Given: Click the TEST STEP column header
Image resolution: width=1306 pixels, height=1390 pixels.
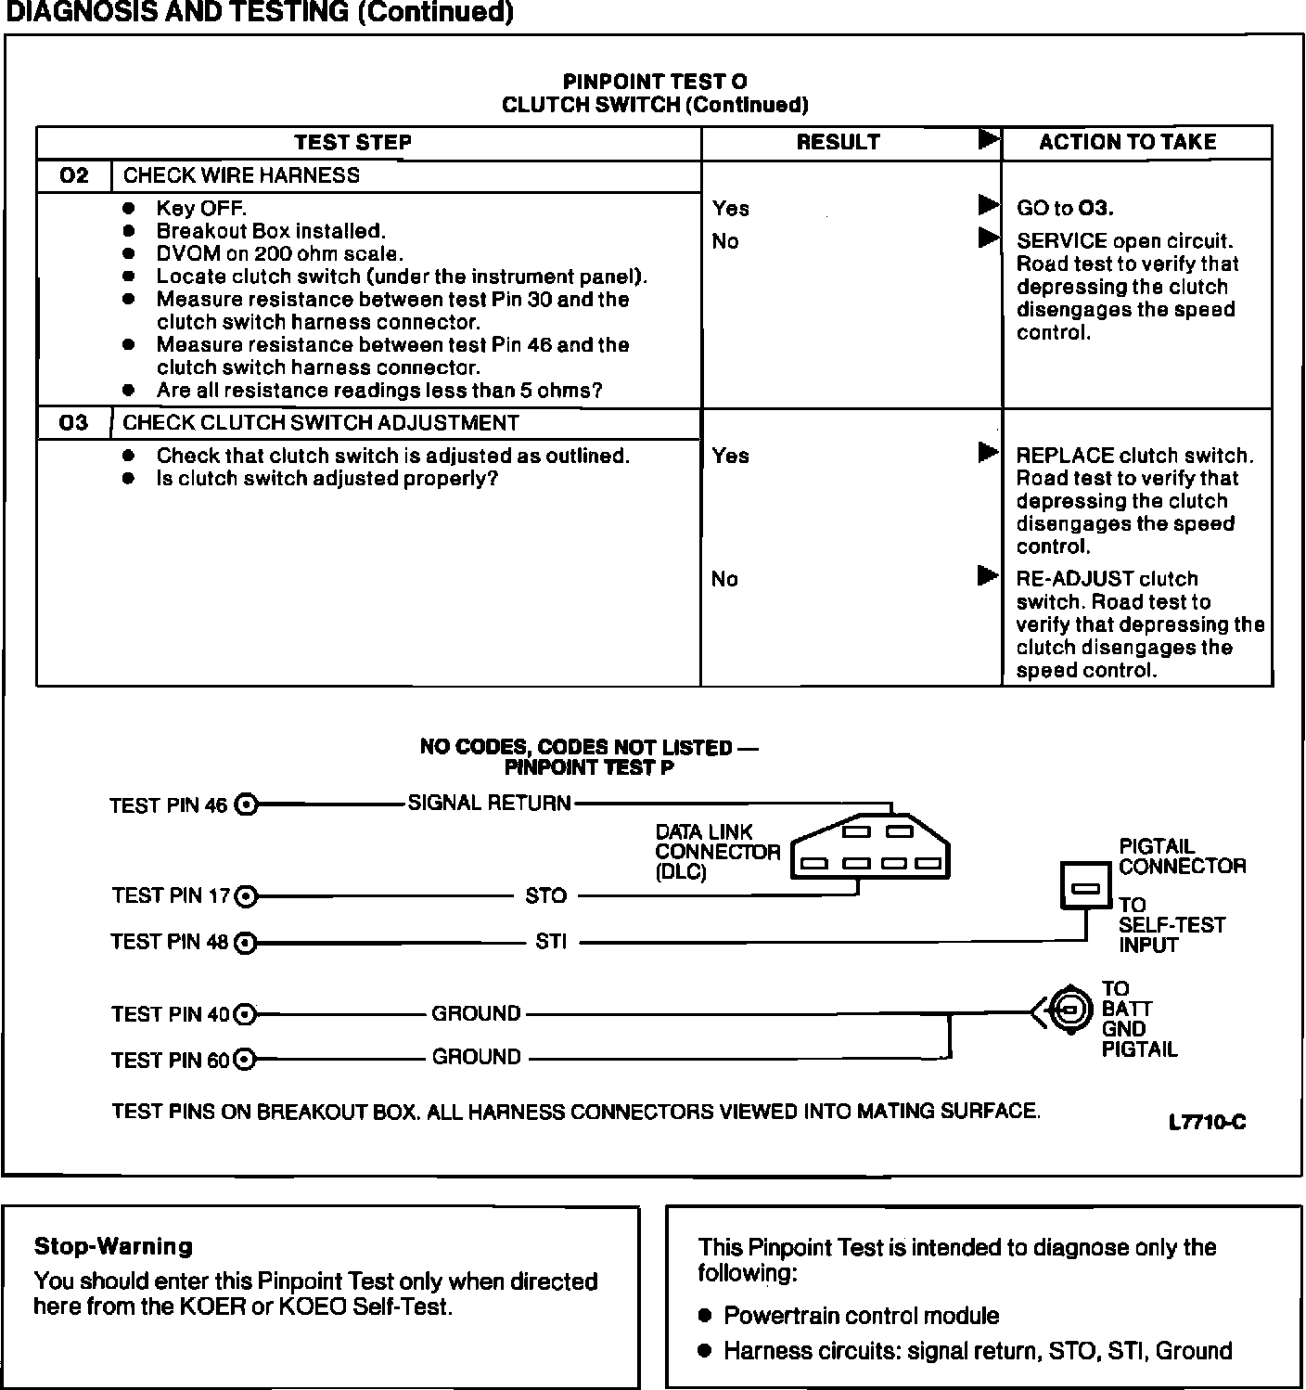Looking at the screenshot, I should [x=352, y=142].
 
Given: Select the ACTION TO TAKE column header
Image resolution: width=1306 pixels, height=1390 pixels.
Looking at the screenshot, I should [x=1127, y=142].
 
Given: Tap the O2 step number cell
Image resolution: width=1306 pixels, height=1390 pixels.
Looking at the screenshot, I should [x=73, y=175].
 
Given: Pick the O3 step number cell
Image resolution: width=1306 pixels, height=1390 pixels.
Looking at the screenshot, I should [x=73, y=423].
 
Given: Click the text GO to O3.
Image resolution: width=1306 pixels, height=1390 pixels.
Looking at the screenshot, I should [x=1065, y=208].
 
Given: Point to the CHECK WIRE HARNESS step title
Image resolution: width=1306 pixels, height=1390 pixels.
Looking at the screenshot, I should [x=241, y=175].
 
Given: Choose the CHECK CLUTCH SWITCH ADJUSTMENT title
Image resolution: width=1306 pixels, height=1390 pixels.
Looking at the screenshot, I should [x=321, y=423].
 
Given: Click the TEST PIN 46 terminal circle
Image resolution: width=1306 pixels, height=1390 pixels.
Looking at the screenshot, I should [x=246, y=804].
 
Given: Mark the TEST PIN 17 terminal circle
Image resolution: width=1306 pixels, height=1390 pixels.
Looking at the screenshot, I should [x=246, y=896].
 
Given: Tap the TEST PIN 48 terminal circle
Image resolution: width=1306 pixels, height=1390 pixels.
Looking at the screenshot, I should [x=246, y=943].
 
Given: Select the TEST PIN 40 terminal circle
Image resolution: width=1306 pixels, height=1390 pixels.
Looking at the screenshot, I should [x=245, y=1014].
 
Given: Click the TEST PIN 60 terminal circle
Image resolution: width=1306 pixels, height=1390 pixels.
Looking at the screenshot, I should [x=245, y=1059].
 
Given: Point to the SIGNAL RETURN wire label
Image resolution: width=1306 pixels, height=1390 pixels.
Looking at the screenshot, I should [x=490, y=804].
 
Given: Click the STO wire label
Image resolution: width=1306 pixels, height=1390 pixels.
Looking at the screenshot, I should [x=545, y=895].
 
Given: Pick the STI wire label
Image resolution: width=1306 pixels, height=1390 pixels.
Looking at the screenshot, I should [x=551, y=942].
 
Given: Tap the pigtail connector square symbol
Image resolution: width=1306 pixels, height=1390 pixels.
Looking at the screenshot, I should [x=1085, y=887].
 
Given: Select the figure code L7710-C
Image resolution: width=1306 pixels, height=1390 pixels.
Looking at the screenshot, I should [x=1207, y=1123].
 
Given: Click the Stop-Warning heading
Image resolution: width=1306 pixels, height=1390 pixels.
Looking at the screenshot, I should [x=113, y=1246].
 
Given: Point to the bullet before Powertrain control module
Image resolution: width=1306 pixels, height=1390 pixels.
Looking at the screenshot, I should [x=706, y=1316].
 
